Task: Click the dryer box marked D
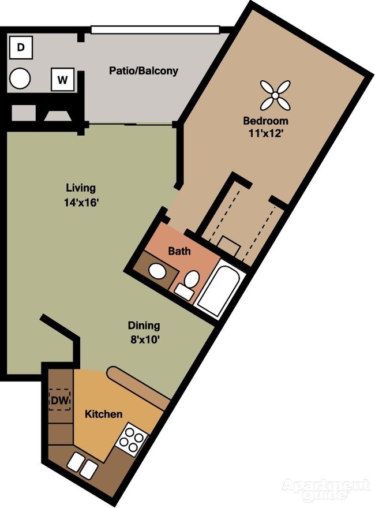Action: click(x=21, y=47)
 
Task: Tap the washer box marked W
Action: click(x=63, y=79)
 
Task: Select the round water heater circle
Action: click(x=20, y=78)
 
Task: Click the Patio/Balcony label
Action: click(x=144, y=70)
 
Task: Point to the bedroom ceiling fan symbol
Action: click(x=275, y=95)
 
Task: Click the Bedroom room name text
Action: click(x=265, y=121)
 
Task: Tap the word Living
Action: click(x=81, y=188)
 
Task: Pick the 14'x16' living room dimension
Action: click(x=81, y=203)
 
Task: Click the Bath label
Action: click(x=179, y=251)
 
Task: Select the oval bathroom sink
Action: click(x=157, y=271)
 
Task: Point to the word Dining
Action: click(x=144, y=325)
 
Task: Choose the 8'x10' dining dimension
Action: click(x=144, y=340)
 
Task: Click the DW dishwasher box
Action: click(x=60, y=401)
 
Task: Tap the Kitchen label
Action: click(x=104, y=414)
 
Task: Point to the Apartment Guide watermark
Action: click(x=326, y=488)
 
